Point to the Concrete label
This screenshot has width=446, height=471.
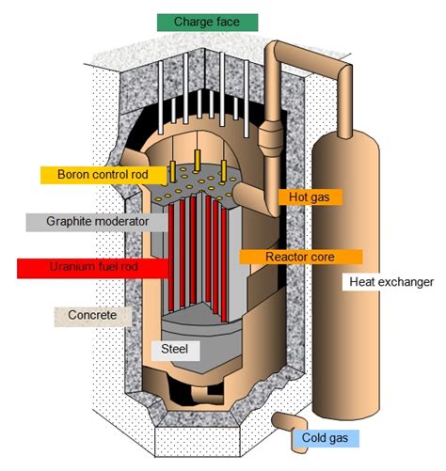pyautogui.click(x=91, y=315)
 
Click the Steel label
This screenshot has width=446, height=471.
pyautogui.click(x=175, y=351)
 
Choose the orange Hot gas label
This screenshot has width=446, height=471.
pyautogui.click(x=311, y=197)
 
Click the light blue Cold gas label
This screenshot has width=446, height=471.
pyautogui.click(x=331, y=439)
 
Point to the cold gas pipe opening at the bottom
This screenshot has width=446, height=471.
pyautogui.click(x=280, y=424)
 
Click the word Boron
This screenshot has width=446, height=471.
pyautogui.click(x=75, y=175)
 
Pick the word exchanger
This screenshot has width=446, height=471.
pyautogui.click(x=406, y=282)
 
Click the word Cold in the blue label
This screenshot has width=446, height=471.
pyautogui.click(x=318, y=439)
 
